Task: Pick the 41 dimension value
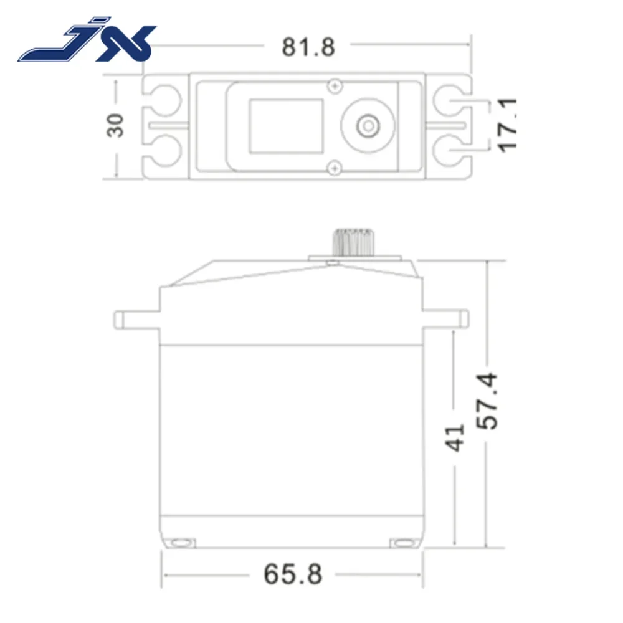[x=456, y=437]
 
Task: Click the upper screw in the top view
[x=336, y=85]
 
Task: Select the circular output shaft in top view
[x=368, y=125]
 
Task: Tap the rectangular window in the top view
[x=286, y=125]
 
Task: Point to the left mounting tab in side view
[x=137, y=319]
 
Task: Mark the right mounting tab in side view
[x=446, y=319]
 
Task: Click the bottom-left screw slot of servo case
[x=182, y=541]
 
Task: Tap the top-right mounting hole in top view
[x=448, y=100]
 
